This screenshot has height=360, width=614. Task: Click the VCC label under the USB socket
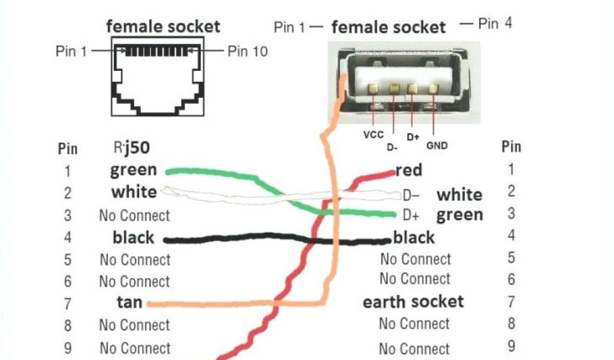click(x=373, y=135)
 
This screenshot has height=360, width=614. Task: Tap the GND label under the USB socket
click(x=437, y=145)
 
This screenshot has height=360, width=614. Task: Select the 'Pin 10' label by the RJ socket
click(x=248, y=51)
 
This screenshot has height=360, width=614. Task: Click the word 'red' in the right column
click(x=409, y=170)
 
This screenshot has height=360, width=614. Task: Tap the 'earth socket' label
click(x=413, y=301)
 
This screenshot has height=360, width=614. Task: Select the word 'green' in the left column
click(x=133, y=170)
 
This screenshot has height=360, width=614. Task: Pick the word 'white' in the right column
click(x=459, y=194)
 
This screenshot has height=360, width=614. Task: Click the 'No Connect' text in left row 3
click(x=134, y=215)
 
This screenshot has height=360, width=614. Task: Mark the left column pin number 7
click(x=68, y=304)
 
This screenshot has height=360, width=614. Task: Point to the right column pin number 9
click(x=511, y=346)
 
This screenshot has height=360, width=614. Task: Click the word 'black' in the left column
click(x=133, y=238)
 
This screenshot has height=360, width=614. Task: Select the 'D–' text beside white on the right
click(x=411, y=195)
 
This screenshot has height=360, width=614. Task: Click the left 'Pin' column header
click(x=68, y=148)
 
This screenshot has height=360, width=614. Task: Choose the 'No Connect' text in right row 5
click(x=416, y=259)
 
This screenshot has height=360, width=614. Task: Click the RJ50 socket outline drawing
click(x=157, y=77)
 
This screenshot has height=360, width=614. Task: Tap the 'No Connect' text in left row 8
click(x=134, y=325)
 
